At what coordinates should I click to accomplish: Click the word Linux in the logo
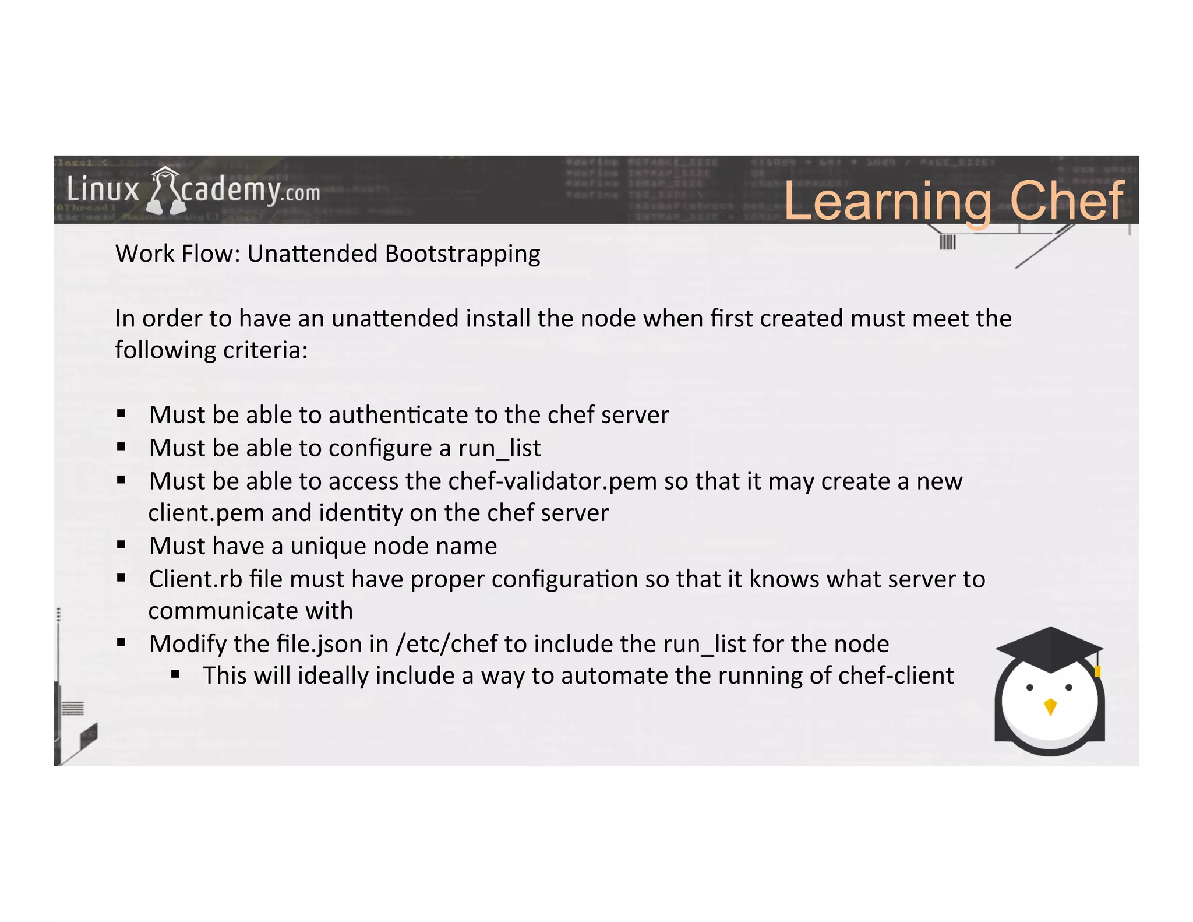coord(103,191)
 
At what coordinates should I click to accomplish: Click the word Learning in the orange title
coord(887,202)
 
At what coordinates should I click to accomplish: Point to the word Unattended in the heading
coord(312,254)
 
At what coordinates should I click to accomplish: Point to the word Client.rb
coord(195,579)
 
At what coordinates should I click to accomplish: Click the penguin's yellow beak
coord(1050,706)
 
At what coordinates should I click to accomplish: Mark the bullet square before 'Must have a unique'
coord(121,546)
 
